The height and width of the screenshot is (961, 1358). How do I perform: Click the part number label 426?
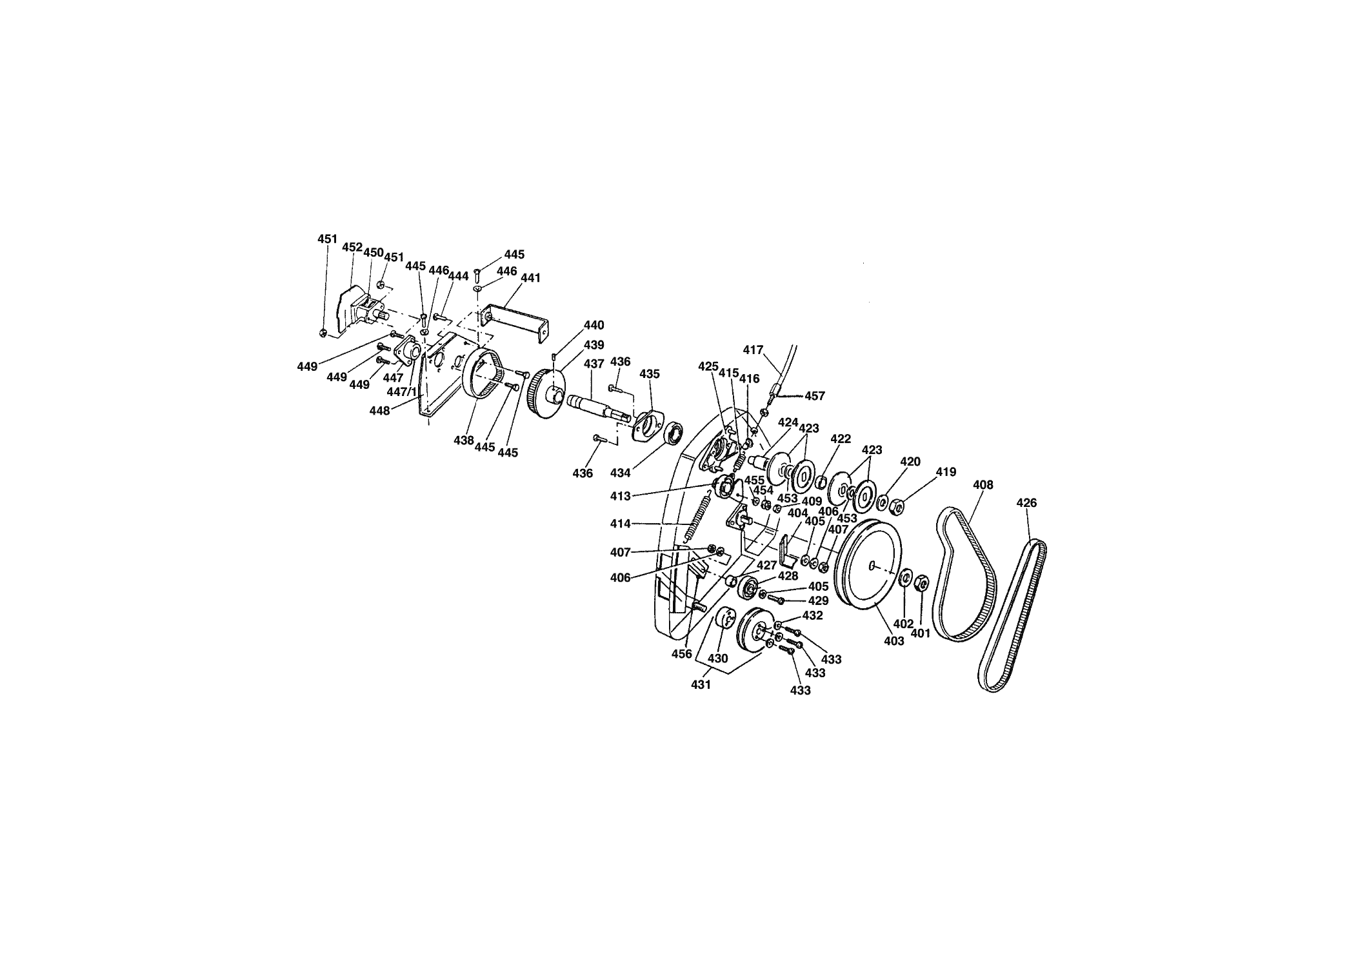point(1026,502)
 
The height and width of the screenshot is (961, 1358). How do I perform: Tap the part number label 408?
point(983,484)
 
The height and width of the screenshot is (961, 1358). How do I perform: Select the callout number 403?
point(894,641)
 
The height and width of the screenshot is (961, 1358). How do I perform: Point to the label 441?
point(530,278)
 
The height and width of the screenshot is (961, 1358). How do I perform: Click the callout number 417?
point(753,350)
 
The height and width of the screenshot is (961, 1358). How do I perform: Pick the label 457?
point(815,396)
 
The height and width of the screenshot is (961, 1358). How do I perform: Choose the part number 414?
point(621,524)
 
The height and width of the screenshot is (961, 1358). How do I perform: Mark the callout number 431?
point(701,685)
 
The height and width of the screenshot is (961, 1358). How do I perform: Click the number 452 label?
point(352,247)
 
